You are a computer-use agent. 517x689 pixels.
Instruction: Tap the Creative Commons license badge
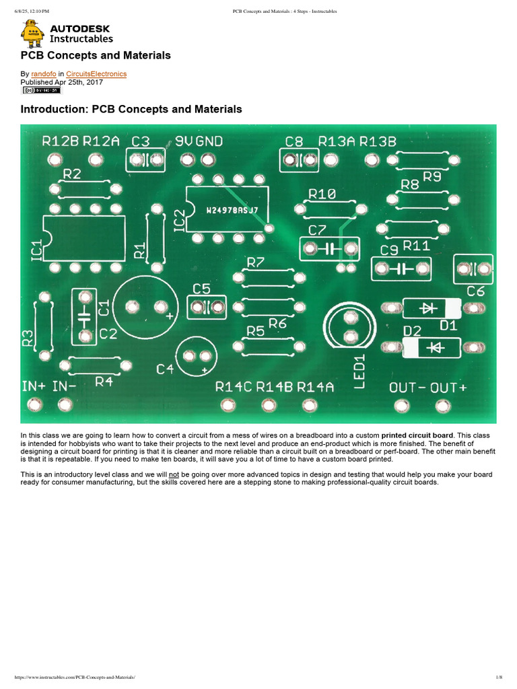coord(41,89)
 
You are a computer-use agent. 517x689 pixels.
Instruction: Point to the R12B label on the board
coord(61,141)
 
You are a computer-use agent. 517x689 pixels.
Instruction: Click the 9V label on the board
coord(184,141)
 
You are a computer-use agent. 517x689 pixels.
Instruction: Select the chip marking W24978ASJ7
coord(232,210)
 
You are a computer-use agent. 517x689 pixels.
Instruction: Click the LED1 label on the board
coord(359,371)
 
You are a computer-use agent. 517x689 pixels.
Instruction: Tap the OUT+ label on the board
coord(449,387)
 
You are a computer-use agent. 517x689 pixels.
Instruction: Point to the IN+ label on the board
coord(34,386)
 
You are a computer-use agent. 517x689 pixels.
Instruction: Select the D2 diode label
coord(411,330)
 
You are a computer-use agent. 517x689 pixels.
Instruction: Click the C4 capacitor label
coord(165,369)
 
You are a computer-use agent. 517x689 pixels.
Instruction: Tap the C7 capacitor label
coord(318,230)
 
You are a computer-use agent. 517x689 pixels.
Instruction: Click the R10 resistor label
coord(322,194)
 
